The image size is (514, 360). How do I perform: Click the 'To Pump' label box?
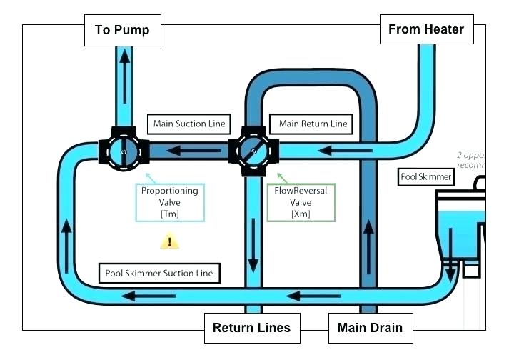click(122, 31)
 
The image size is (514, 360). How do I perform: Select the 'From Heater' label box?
click(425, 29)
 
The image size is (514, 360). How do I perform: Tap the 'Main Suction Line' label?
click(189, 124)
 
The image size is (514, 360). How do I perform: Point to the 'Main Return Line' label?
click(313, 124)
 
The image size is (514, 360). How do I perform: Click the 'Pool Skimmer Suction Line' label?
click(158, 273)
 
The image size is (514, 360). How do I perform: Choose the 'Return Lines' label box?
click(251, 328)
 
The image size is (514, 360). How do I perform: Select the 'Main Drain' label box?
click(369, 328)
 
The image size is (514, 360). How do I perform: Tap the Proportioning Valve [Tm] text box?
click(169, 202)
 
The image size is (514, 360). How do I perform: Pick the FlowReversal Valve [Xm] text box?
click(301, 202)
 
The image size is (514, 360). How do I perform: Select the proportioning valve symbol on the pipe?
click(124, 151)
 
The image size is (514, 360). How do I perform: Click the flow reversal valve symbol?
click(253, 151)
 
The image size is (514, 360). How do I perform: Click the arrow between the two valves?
click(188, 151)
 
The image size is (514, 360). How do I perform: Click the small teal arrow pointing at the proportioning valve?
click(148, 176)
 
